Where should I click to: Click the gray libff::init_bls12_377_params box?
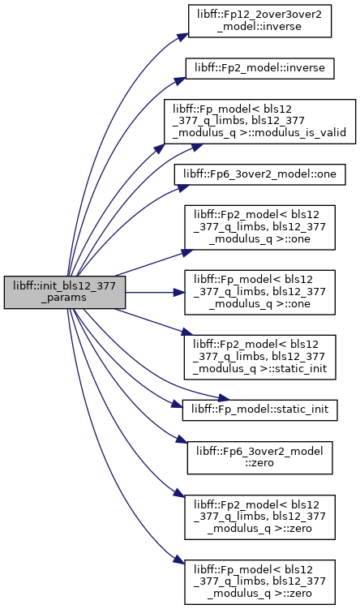(x=65, y=293)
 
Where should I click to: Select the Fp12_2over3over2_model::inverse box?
(x=259, y=21)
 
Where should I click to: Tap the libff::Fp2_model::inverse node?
(x=259, y=68)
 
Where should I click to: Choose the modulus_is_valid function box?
(x=259, y=122)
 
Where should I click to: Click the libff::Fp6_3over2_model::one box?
(x=259, y=175)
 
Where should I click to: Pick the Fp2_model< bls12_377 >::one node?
(x=259, y=228)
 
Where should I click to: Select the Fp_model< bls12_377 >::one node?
(x=259, y=293)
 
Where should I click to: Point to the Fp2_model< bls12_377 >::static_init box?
(x=259, y=358)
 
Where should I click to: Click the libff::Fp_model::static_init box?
(x=259, y=410)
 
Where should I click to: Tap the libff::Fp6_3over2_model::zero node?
(x=259, y=457)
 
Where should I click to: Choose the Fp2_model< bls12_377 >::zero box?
(x=259, y=517)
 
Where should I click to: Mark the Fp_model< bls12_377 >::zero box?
(x=259, y=582)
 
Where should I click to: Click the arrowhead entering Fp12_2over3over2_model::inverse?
(x=183, y=36)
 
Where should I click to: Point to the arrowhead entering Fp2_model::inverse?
(x=181, y=80)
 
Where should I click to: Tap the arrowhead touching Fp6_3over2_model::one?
(x=184, y=187)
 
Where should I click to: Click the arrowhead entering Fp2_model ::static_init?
(x=187, y=332)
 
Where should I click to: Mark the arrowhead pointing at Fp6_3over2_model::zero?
(x=182, y=440)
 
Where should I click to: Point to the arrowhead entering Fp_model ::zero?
(x=179, y=560)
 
